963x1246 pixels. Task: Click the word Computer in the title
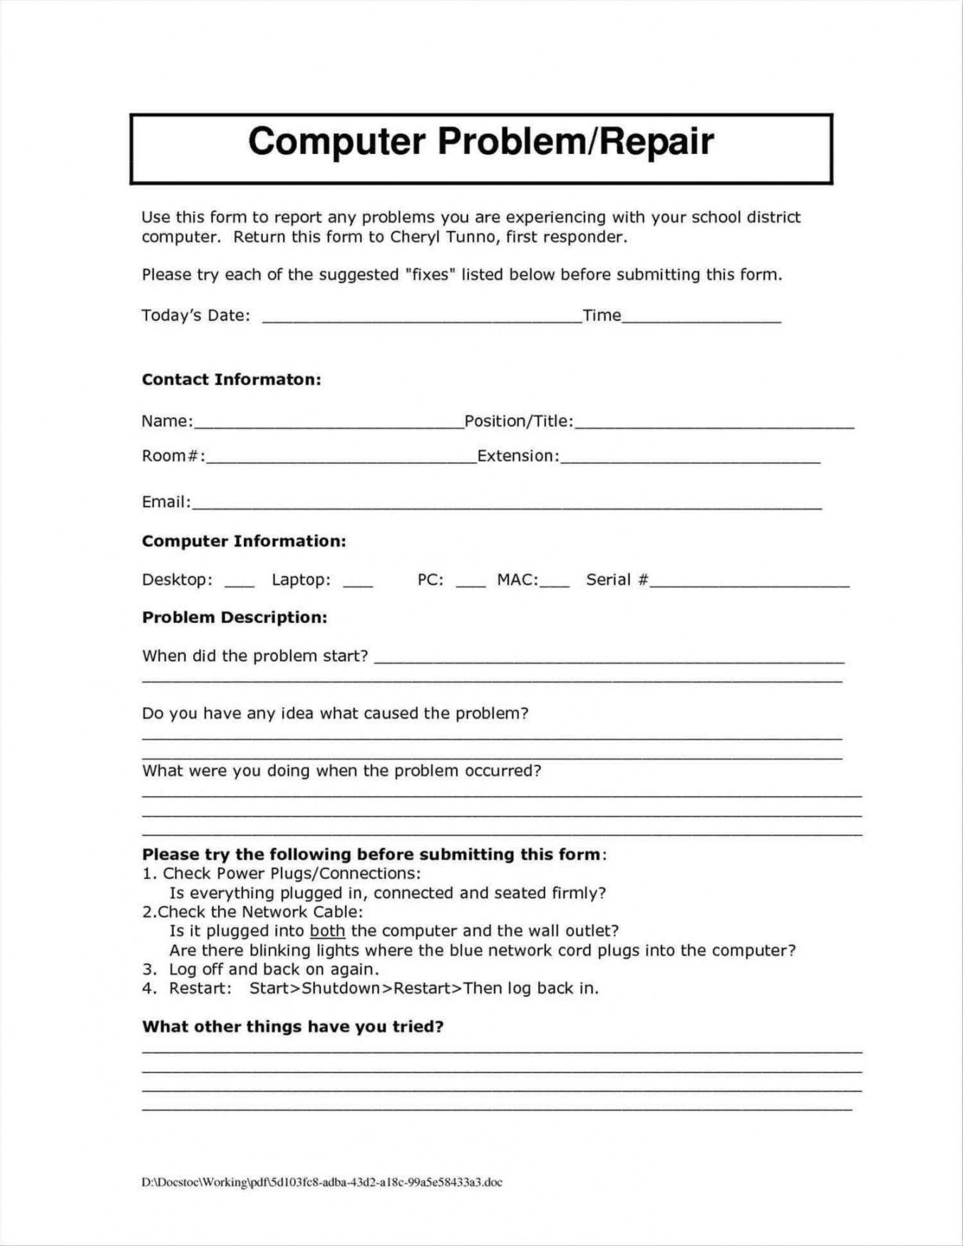[336, 141]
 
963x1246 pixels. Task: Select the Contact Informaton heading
[231, 379]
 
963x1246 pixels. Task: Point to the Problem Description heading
[235, 617]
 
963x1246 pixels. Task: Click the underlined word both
[327, 931]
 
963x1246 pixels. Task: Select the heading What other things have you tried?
[293, 1026]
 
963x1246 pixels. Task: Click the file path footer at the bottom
[321, 1182]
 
